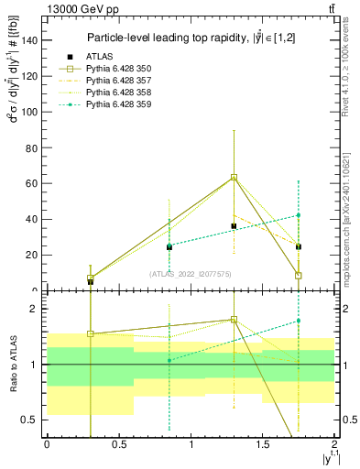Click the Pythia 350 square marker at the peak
pyautogui.click(x=235, y=177)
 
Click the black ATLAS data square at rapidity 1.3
pyautogui.click(x=235, y=225)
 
